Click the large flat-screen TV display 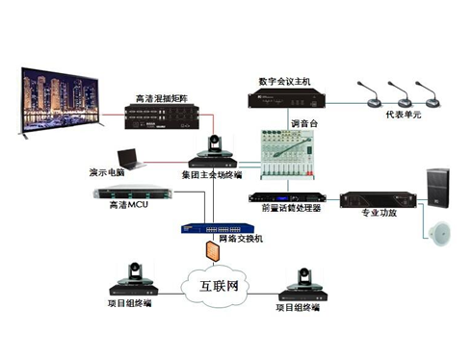[x=61, y=100]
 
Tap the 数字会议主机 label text [x=286, y=81]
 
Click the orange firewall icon [x=215, y=253]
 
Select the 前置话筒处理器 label [x=284, y=208]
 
